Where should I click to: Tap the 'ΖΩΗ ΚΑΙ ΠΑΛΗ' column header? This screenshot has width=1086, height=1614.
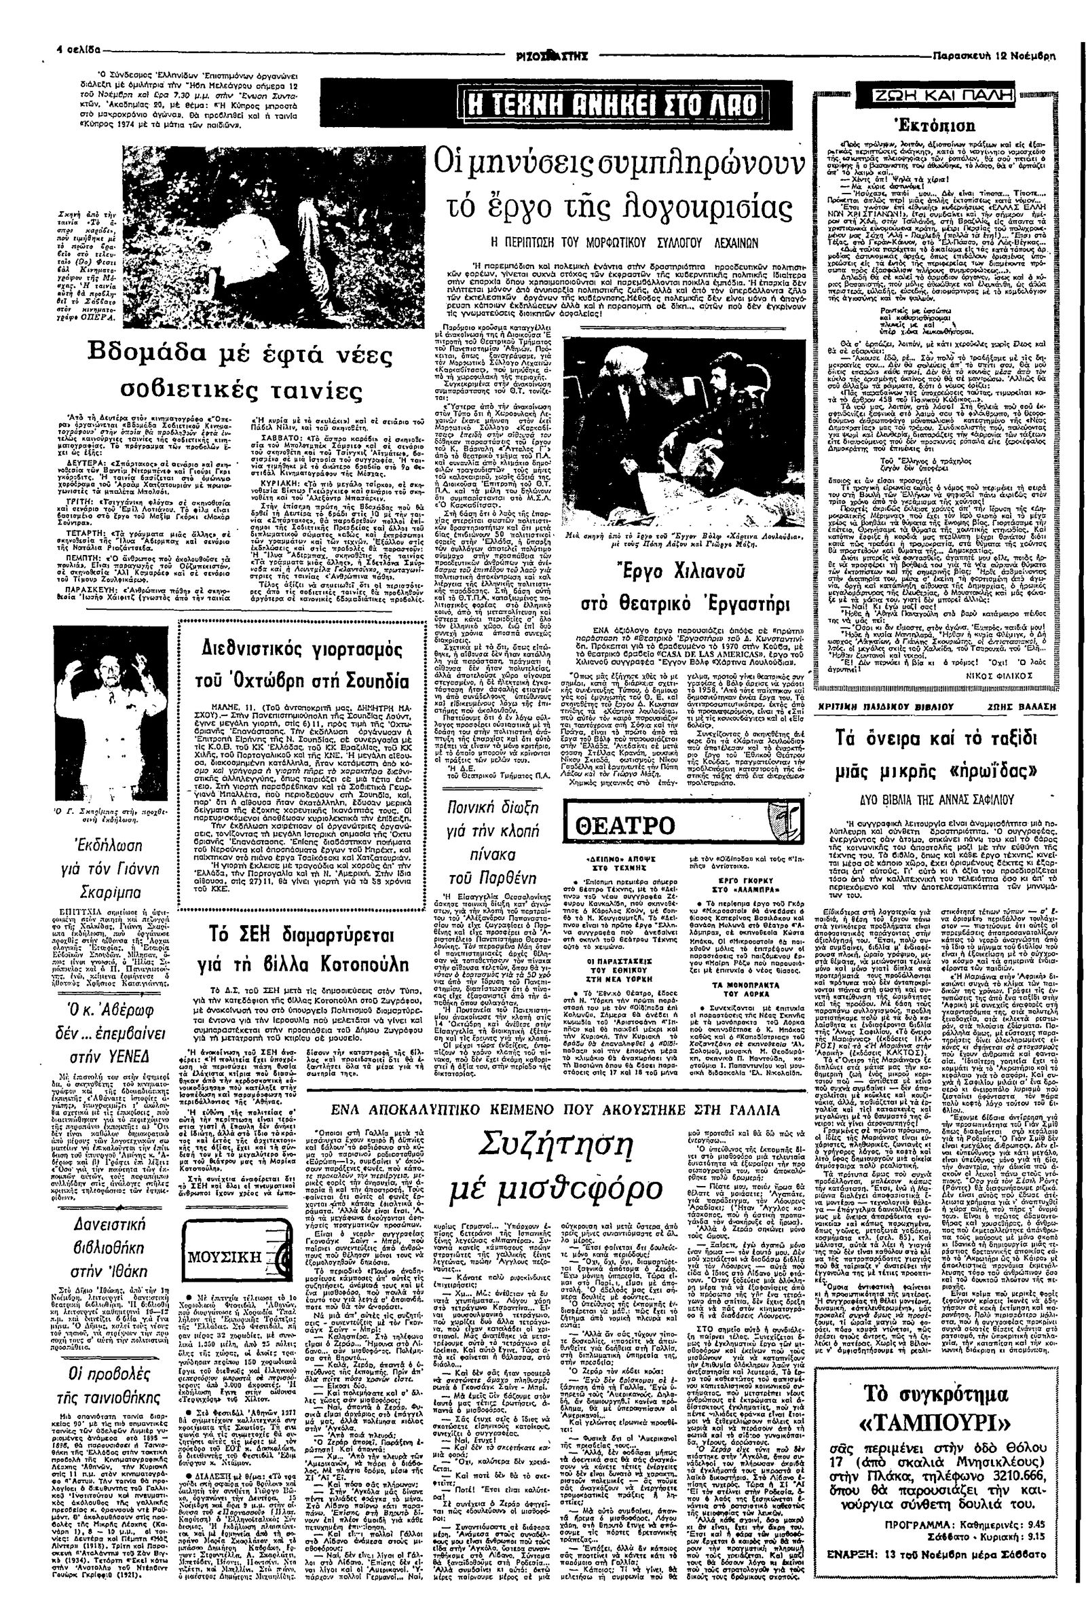coord(914,97)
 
